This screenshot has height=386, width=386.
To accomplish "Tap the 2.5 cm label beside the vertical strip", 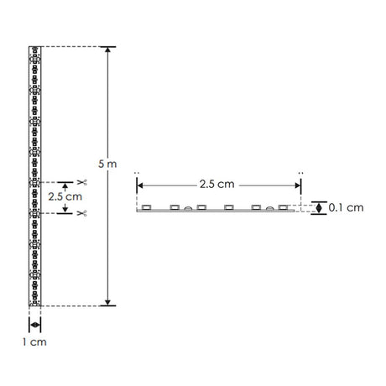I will [x=64, y=196].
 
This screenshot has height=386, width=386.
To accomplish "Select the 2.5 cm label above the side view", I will [x=217, y=184].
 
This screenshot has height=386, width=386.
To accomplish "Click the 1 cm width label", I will [x=34, y=343].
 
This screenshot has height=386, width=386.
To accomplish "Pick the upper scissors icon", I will [x=82, y=182].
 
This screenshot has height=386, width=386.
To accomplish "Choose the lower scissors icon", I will [x=82, y=214].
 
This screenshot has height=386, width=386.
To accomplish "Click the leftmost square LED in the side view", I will [x=145, y=206].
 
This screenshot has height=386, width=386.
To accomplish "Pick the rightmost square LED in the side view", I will [x=284, y=206].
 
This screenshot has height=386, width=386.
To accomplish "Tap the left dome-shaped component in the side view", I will [x=189, y=207].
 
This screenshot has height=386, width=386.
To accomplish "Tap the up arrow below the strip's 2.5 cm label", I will [x=64, y=211].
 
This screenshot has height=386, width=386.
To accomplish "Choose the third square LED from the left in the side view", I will [x=202, y=206].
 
